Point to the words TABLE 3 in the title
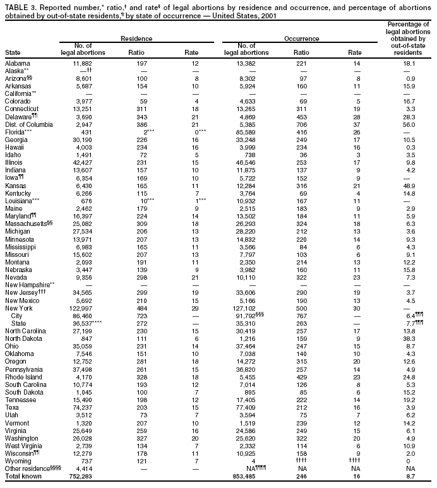point(19,5)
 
